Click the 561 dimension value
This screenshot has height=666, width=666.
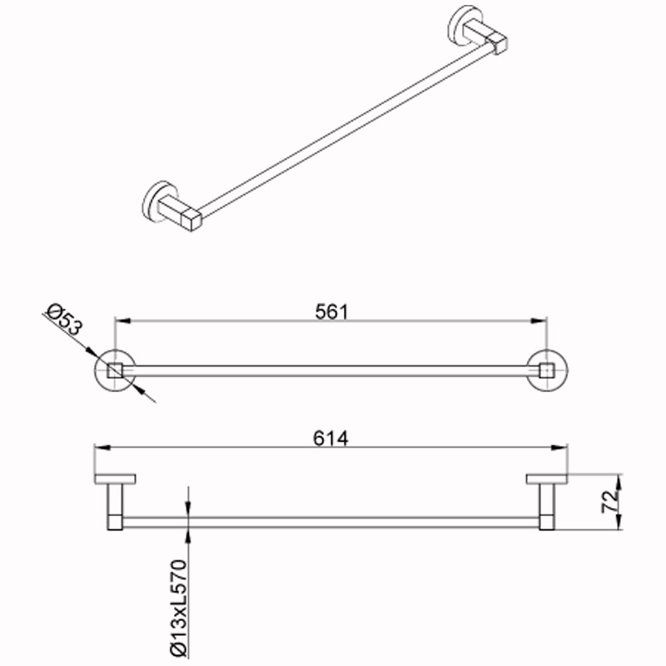point(331,311)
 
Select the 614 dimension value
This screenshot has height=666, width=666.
point(331,439)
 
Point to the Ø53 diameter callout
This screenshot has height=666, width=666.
point(65,320)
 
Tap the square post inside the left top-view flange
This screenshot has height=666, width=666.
point(115,370)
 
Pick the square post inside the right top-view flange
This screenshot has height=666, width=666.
point(547,370)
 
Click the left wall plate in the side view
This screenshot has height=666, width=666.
point(115,480)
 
